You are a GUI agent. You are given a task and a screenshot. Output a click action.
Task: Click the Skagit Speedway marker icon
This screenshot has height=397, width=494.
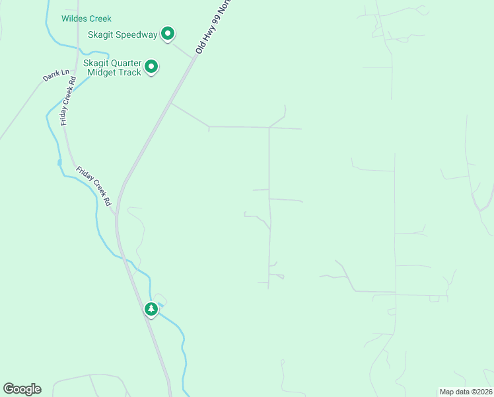click(x=168, y=33)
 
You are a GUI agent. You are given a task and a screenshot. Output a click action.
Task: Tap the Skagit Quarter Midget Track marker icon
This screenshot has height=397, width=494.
click(x=151, y=67)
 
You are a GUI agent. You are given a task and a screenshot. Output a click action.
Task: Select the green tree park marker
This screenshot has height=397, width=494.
click(x=151, y=309)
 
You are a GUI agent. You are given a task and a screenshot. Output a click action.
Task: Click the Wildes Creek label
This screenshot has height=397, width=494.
click(x=87, y=19)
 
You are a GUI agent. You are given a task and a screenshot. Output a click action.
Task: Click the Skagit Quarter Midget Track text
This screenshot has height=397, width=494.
click(x=112, y=67)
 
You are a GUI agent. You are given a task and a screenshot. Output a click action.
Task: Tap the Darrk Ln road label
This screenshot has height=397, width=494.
click(x=56, y=75)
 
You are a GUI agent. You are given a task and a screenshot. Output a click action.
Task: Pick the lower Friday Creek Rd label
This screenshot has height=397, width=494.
click(x=93, y=185)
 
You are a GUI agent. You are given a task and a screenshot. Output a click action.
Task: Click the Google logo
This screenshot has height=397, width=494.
click(x=22, y=389)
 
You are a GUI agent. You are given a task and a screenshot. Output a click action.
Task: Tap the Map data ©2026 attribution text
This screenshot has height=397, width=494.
click(x=465, y=392)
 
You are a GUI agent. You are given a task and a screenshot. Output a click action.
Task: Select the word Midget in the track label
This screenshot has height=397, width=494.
click(x=98, y=72)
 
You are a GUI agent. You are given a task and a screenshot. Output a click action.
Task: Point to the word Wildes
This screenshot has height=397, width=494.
click(x=73, y=19)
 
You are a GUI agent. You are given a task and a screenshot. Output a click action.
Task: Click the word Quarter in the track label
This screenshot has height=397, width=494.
click(x=126, y=63)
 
